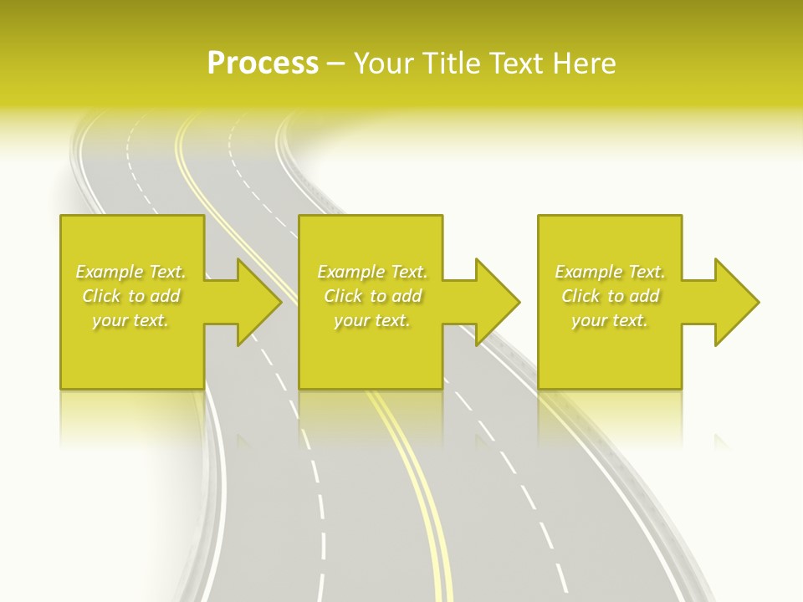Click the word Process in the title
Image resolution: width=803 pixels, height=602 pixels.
[263, 64]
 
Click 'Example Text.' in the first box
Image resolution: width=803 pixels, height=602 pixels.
[130, 272]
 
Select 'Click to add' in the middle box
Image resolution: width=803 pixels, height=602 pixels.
[372, 296]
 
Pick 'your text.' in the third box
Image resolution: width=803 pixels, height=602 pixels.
[610, 320]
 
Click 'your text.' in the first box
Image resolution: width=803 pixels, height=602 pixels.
[130, 320]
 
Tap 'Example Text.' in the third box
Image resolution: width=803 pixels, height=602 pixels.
[610, 272]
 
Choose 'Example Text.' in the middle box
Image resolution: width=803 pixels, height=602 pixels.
[372, 272]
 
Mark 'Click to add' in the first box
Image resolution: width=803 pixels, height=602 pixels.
[130, 296]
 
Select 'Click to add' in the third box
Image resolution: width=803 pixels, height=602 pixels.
[610, 296]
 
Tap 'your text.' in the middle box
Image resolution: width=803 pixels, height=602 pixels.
[372, 320]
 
